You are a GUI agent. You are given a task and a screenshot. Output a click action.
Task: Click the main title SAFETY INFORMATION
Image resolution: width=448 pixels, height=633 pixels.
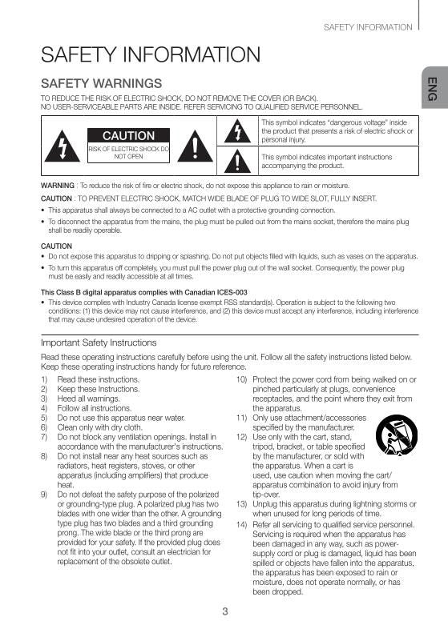[151, 55]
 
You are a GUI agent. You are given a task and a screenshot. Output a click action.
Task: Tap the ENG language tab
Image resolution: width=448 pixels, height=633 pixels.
[431, 89]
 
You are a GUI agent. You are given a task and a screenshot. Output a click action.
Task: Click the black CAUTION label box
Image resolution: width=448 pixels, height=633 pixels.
[128, 135]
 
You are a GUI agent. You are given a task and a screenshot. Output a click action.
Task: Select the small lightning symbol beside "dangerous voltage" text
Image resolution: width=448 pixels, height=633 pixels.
[238, 131]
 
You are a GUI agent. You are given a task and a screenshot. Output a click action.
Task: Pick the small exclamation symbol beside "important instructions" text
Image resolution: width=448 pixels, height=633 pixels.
[238, 161]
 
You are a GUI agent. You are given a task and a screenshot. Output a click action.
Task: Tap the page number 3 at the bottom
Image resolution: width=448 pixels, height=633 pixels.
[225, 612]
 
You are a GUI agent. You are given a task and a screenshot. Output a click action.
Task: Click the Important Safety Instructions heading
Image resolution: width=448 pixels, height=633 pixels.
[99, 343]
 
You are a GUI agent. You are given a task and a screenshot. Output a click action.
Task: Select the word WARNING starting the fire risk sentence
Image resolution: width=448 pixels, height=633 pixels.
[57, 185]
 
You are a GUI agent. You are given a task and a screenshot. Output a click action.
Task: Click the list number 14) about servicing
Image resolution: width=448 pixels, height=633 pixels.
[241, 524]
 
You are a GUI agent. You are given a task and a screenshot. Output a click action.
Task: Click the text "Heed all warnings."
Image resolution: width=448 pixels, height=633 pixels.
[88, 399]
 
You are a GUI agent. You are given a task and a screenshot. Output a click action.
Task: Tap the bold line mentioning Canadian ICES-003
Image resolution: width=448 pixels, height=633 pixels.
[143, 291]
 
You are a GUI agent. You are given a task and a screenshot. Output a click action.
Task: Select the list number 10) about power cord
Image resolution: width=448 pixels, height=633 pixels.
[241, 379]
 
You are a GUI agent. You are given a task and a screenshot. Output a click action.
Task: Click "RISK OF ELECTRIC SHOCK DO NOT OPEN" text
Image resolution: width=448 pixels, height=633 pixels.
[128, 153]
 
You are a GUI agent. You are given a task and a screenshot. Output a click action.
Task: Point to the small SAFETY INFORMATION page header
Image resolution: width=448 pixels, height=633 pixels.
[368, 27]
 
